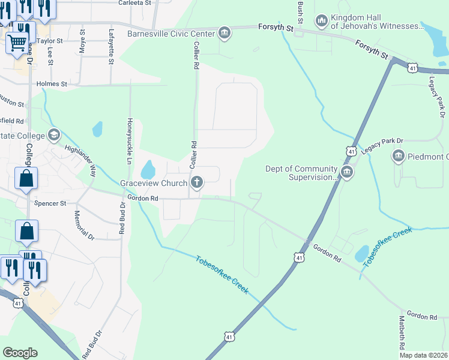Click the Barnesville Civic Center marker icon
coord(224,32)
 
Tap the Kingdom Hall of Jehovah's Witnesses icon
coord(322,22)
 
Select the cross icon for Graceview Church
coord(196,182)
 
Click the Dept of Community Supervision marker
coord(347,173)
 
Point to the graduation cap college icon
coord(54,135)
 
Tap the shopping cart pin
coord(17,41)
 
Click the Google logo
coord(20,353)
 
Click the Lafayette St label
coord(111,47)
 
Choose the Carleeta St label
coord(133,3)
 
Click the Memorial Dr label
coord(84,225)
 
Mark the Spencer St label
coord(50,203)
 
